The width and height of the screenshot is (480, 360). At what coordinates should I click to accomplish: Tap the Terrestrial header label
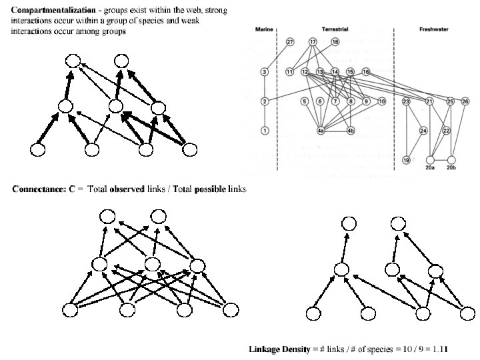pyautogui.click(x=333, y=30)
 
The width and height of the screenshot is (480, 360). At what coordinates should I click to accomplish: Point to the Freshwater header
pyautogui.click(x=434, y=30)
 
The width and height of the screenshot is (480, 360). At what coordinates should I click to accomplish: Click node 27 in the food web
pyautogui.click(x=289, y=42)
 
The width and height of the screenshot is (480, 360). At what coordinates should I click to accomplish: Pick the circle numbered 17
pyautogui.click(x=313, y=42)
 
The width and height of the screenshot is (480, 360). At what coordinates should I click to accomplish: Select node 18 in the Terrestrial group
pyautogui.click(x=335, y=42)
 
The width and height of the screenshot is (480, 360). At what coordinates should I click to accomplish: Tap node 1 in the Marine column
pyautogui.click(x=265, y=131)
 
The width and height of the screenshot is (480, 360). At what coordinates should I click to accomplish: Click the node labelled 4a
pyautogui.click(x=321, y=131)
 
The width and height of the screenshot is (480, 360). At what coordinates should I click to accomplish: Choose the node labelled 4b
pyautogui.click(x=351, y=131)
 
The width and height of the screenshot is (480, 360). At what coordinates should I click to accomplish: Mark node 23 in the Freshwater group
pyautogui.click(x=406, y=101)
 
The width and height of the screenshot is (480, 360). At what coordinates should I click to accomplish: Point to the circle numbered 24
pyautogui.click(x=423, y=131)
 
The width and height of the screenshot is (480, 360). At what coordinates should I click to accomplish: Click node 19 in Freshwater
pyautogui.click(x=406, y=160)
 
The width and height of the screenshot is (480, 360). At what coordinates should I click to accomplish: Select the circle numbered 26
pyautogui.click(x=465, y=101)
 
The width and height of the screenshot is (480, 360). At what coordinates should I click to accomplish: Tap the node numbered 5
pyautogui.click(x=305, y=101)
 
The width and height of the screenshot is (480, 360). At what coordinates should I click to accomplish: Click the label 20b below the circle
pyautogui.click(x=452, y=169)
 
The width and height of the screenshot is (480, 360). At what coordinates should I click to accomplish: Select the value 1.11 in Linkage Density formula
pyautogui.click(x=439, y=349)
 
